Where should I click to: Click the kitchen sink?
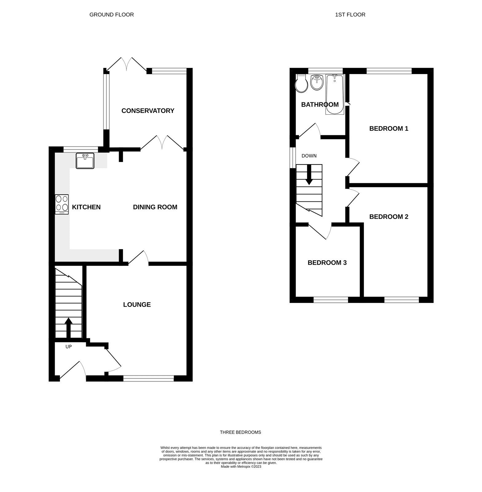85,161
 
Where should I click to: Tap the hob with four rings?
62,204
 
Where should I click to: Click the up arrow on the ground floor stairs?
68,327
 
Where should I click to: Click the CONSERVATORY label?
148,111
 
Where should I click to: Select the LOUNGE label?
137,304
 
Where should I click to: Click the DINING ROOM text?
155,207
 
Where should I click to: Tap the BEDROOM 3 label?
327,263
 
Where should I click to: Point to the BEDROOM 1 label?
389,129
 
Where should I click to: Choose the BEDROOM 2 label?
389,217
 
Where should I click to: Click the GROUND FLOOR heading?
112,14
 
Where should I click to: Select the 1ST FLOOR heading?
350,14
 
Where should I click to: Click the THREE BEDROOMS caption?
240,432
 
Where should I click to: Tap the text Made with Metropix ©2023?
241,466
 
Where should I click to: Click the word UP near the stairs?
69,347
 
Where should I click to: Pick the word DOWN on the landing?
309,156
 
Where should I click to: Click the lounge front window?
149,378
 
